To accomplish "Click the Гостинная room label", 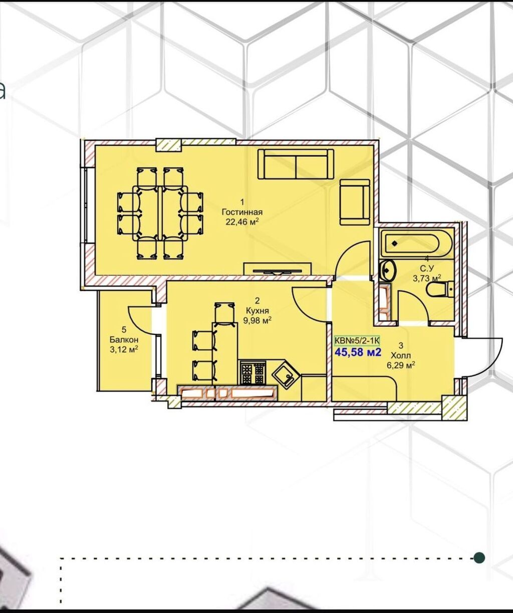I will click(x=242, y=212).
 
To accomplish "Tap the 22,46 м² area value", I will click(x=242, y=222).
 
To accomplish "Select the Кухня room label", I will click(x=258, y=311).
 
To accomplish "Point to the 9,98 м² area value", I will click(x=258, y=321).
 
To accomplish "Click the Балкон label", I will click(x=124, y=339).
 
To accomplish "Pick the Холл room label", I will click(x=401, y=355).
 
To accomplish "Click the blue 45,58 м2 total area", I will click(x=358, y=352).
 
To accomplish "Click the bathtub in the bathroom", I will click(x=416, y=244).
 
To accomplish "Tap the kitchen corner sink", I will click(x=284, y=374).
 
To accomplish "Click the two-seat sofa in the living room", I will click(x=296, y=164).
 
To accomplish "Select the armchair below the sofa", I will click(x=355, y=201).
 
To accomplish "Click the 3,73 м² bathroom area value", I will click(x=427, y=278).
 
